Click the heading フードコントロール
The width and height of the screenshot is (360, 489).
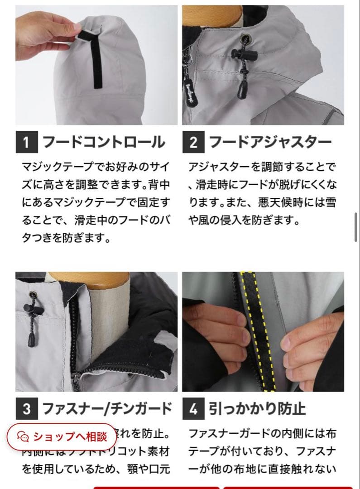tap(104, 143)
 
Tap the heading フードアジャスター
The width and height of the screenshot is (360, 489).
tap(270, 143)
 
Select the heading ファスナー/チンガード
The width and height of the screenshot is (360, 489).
tap(107, 409)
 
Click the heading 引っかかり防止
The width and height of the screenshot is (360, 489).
tap(257, 409)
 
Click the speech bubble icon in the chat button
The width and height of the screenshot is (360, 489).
tap(23, 436)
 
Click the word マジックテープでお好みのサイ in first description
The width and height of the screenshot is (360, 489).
tap(96, 167)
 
